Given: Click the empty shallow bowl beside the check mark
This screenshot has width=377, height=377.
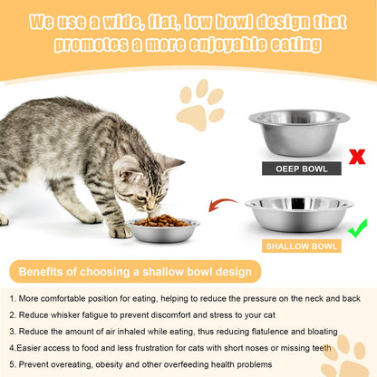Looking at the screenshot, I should [x=299, y=214].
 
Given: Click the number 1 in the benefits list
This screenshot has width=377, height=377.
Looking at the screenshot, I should [x=12, y=297].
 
